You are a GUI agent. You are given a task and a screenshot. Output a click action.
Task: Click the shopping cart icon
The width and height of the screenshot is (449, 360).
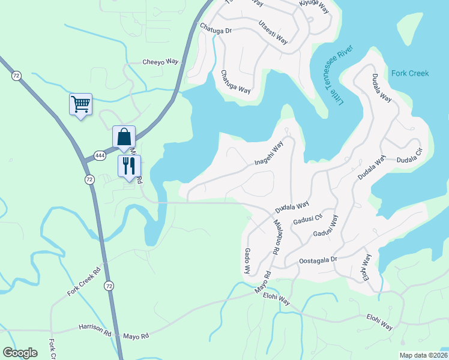point(80,105)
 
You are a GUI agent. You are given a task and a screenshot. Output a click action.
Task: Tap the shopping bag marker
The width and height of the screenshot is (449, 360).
point(124,137)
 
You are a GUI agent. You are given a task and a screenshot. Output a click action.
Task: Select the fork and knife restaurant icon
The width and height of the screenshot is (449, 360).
point(129,166)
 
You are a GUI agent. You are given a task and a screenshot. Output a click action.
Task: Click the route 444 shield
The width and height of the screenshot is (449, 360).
point(98,156)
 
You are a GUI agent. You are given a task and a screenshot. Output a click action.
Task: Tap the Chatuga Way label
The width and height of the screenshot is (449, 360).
point(235,81)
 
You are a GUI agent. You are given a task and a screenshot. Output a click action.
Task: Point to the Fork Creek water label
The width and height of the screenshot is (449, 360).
point(410,73)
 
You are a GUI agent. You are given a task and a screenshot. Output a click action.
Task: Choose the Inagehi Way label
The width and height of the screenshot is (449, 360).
point(268,154)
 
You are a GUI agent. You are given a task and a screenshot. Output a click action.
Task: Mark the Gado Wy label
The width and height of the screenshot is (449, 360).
point(246,262)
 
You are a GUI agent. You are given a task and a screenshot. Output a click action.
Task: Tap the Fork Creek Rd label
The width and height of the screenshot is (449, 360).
point(84,281)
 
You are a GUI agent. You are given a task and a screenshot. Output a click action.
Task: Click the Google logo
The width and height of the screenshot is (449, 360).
point(20,352)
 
